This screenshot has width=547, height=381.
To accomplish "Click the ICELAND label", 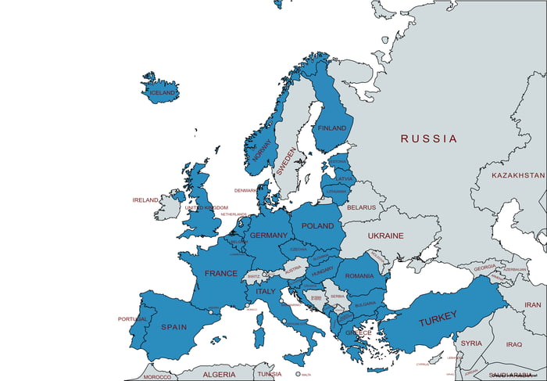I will click(x=163, y=93).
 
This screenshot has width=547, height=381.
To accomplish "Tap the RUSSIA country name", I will click(x=429, y=138).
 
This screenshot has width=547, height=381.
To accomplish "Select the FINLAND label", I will click(x=332, y=128).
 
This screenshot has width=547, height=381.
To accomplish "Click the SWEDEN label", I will click(x=286, y=161).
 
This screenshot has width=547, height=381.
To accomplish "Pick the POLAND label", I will click(x=317, y=225).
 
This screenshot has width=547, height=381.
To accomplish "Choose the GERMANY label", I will click(x=269, y=235).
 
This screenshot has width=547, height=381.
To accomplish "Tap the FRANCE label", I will click(x=220, y=274).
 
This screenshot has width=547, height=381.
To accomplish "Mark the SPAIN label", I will click(x=173, y=326).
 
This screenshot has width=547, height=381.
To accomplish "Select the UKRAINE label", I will click(x=386, y=235).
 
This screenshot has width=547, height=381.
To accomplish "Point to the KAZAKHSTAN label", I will click(x=518, y=175).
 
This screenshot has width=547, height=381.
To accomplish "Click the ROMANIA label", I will click(x=359, y=276).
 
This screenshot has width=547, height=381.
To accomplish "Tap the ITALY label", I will click(x=266, y=292).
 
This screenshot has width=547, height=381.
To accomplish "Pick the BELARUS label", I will click(x=362, y=208).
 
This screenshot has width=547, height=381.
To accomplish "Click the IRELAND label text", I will click(x=145, y=200).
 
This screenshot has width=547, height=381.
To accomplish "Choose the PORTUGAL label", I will click(x=132, y=319).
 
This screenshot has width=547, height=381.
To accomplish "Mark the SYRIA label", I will click(x=471, y=343).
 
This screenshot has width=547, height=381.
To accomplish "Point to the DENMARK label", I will click(x=245, y=190).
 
